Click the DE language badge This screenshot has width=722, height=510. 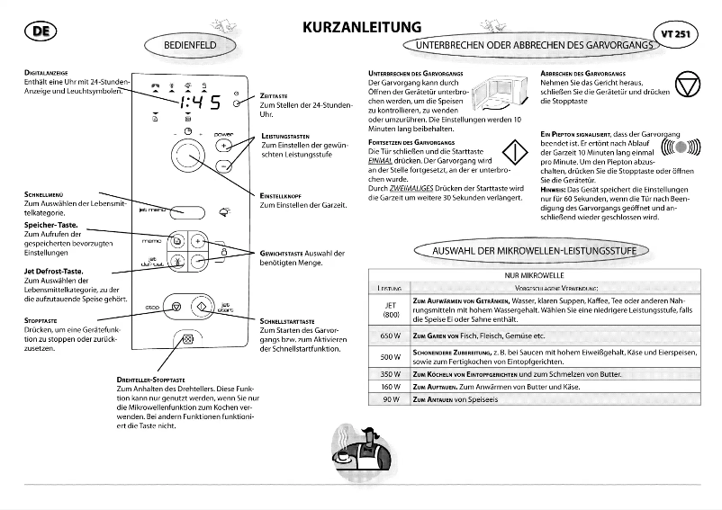pos(37,32)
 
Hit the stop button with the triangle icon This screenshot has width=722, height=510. pos(176,306)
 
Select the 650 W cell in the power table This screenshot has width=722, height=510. pos(390,336)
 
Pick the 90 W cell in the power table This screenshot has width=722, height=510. pos(390,398)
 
